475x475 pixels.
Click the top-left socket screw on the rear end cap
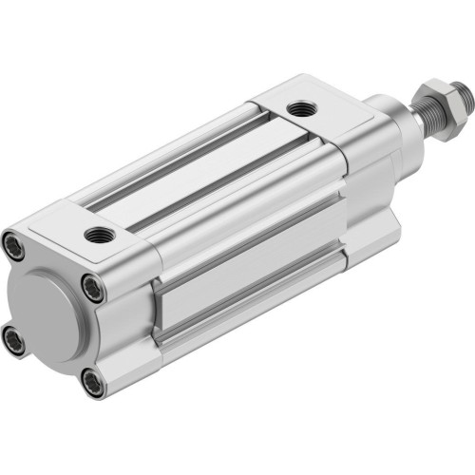17,241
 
